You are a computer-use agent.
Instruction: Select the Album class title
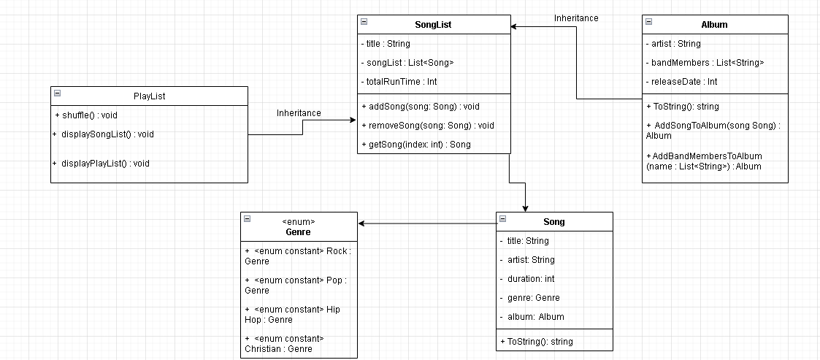pos(714,24)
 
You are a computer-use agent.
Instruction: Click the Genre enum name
pos(299,232)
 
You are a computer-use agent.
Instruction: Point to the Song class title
pos(553,222)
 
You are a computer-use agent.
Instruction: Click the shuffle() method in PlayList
pos(86,115)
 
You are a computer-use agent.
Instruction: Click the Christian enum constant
pos(284,344)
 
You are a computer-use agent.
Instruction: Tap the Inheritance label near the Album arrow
pos(576,18)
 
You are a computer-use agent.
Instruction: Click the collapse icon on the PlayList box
pos(57,93)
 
